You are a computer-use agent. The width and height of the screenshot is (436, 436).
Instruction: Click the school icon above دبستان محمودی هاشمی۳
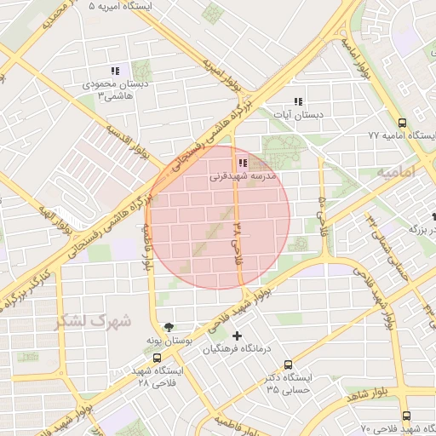tap(115, 72)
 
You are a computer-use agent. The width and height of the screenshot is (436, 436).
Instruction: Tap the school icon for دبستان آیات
tap(297, 100)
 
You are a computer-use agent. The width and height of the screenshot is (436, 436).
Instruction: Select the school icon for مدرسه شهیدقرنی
tap(243, 163)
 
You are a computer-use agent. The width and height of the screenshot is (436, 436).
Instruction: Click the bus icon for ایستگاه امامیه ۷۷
tap(402, 123)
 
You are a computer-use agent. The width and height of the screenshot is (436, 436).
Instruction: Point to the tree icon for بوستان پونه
tap(169, 326)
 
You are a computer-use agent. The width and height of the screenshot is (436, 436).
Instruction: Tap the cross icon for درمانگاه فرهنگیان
tap(237, 335)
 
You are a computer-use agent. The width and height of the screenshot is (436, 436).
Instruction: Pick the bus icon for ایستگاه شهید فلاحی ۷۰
tap(405, 416)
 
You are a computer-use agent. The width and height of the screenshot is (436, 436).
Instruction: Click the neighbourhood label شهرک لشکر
tap(94, 322)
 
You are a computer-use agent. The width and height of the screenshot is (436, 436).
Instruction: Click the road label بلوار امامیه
tap(355, 54)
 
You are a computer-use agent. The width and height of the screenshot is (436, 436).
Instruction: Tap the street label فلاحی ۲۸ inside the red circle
tap(238, 238)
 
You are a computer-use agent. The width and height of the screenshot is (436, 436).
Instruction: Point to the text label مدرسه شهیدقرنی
tap(243, 178)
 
